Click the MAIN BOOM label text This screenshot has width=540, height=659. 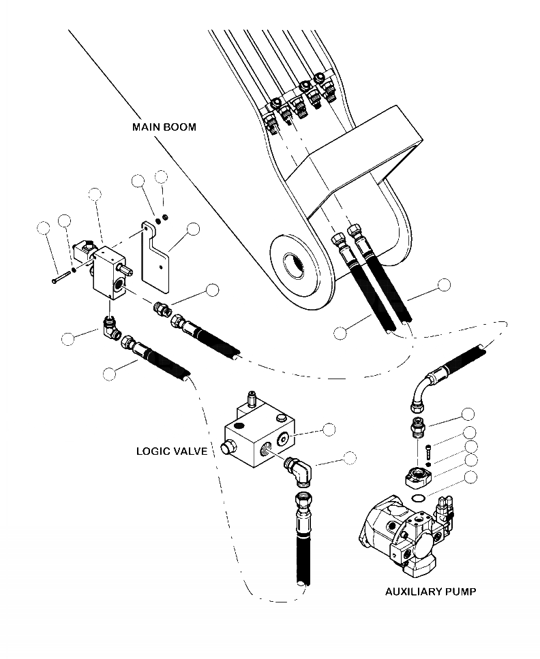[x=164, y=127]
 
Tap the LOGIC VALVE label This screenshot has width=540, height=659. [x=171, y=451]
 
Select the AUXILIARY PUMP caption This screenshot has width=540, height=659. [x=430, y=591]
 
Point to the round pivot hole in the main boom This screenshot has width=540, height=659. [x=294, y=257]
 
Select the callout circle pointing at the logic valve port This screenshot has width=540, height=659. [x=329, y=429]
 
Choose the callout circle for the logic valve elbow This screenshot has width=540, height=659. [x=350, y=457]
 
